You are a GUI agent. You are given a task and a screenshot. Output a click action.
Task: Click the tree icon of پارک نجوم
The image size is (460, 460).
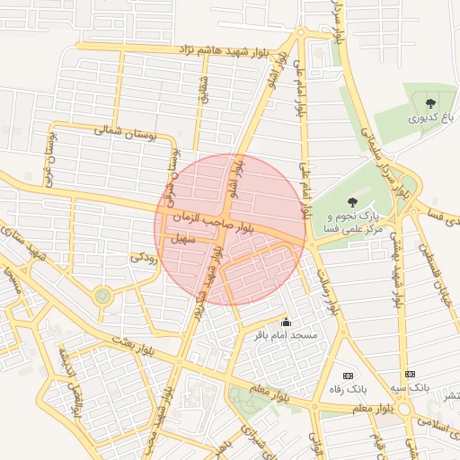[351, 202]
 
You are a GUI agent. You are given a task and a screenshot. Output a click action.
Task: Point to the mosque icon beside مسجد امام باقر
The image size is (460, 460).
[287, 322]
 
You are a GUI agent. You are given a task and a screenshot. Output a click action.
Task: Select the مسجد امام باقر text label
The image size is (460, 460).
[285, 335]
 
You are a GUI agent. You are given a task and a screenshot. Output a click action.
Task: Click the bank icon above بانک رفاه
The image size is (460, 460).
[349, 375]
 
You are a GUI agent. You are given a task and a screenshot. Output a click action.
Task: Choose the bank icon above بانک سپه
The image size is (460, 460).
[410, 374]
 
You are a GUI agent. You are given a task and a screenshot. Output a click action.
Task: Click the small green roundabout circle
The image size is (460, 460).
[102, 294]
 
